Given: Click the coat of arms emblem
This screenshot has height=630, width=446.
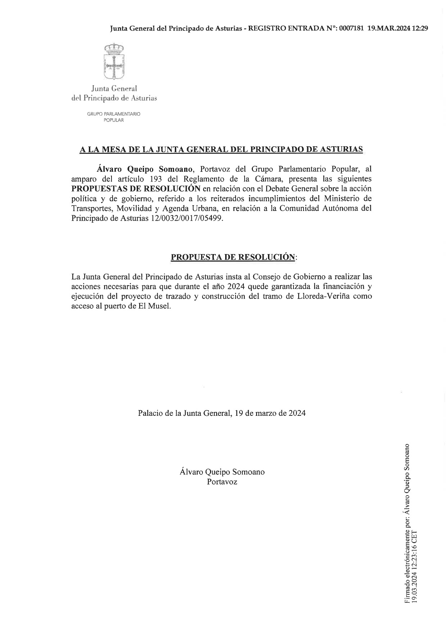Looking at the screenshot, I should coord(114,61).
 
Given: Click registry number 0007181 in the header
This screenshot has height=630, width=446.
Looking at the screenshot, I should coord(351,29).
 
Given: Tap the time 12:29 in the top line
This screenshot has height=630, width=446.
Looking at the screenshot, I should coord(420,29).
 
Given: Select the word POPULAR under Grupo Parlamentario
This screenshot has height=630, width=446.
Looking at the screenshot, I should coord(114,120).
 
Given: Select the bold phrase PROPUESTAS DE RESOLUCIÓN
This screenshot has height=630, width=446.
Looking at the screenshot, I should coord(136,189).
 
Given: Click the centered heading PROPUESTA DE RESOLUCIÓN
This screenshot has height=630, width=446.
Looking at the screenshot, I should coord(233,257).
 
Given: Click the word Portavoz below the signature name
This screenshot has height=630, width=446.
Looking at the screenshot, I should coord(222,482).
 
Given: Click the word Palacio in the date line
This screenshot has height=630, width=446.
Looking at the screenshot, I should coord(150,413).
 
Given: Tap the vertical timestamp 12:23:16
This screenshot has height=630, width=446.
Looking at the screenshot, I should coord(414,556).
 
